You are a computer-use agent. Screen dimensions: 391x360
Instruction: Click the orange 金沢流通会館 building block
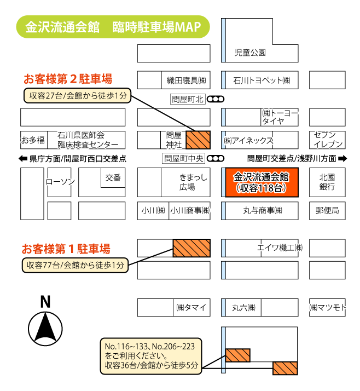click(x=261, y=182)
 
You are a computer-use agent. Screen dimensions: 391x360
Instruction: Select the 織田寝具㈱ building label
click(x=185, y=80)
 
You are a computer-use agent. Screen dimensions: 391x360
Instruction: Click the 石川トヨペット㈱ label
click(x=261, y=80)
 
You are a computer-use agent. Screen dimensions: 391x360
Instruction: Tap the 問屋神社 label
click(x=173, y=140)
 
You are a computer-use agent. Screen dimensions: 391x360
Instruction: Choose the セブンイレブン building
click(x=328, y=140)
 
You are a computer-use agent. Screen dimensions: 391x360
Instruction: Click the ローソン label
click(x=60, y=182)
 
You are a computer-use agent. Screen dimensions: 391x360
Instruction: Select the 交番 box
click(x=113, y=177)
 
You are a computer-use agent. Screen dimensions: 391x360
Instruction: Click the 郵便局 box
click(x=327, y=210)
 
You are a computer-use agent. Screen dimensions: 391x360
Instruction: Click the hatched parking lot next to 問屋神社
click(x=198, y=140)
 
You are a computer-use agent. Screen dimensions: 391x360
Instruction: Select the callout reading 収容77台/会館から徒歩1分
click(x=74, y=266)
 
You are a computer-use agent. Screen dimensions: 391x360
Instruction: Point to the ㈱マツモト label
click(x=327, y=308)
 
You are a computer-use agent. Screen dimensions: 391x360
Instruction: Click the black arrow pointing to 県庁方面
click(x=23, y=159)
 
